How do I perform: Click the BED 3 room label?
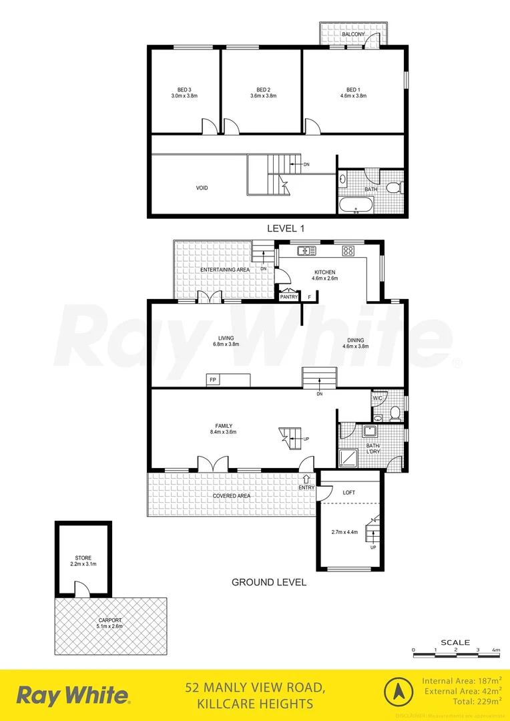[x=184, y=89]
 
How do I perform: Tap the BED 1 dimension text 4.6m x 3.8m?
[x=353, y=96]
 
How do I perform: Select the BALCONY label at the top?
[x=353, y=33]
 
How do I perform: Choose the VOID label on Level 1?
[x=201, y=188]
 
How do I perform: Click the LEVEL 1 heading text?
[x=286, y=228]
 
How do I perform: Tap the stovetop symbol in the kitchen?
[x=348, y=251]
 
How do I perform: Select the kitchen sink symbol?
[x=307, y=251]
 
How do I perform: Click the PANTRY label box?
[x=288, y=296]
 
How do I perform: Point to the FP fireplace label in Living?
[x=213, y=380]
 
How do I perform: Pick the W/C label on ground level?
[x=377, y=399]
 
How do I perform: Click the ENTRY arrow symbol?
[x=306, y=479]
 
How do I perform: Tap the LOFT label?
[x=349, y=493]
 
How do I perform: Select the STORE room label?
[x=83, y=557]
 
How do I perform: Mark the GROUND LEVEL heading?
[x=269, y=582]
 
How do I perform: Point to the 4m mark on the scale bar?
[x=496, y=650]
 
